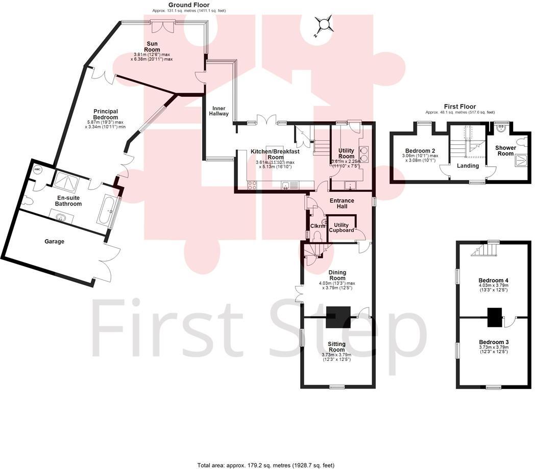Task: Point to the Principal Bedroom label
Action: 106,115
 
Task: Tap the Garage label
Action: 54,241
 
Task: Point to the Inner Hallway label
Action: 221,110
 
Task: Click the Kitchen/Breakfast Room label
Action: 275,154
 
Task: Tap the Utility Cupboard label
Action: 342,227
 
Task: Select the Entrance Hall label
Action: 342,203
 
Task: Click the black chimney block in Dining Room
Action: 338,317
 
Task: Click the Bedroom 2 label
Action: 420,151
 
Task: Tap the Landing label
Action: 468,166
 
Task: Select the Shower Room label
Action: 505,150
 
